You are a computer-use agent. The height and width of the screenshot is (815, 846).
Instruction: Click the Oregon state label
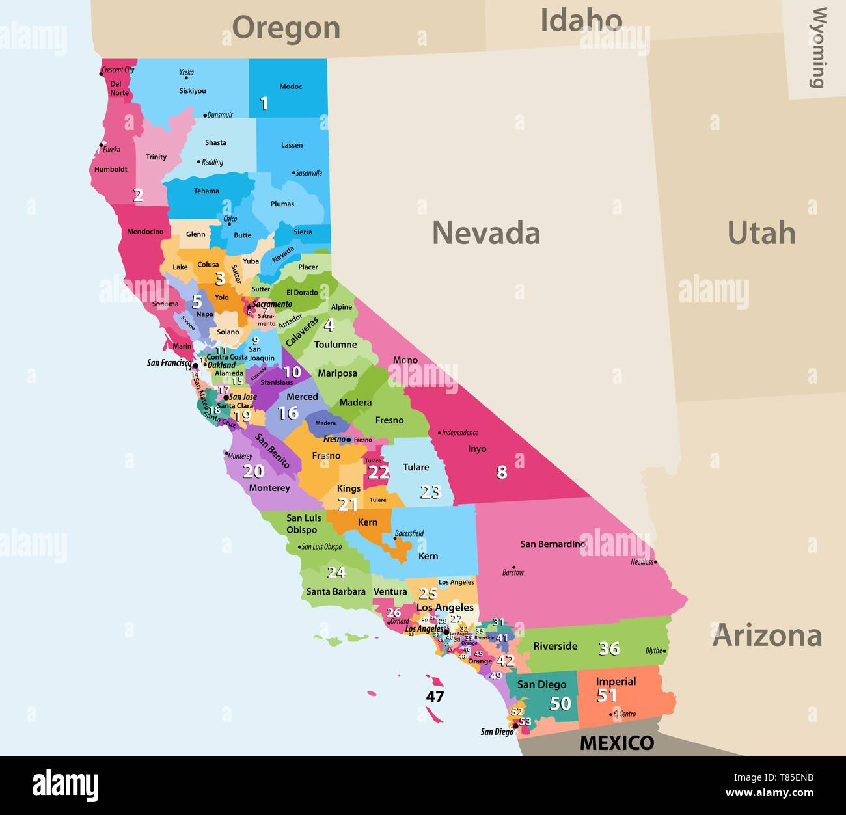pos(286,28)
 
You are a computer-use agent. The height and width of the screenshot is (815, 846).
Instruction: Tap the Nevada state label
pos(486,233)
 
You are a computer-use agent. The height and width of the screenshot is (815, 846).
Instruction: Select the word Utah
pos(761,233)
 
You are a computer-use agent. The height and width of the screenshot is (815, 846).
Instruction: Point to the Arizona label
pos(767,635)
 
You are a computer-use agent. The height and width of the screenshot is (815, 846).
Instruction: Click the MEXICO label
pos(616,743)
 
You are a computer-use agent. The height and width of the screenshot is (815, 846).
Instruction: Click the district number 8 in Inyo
pos(501,472)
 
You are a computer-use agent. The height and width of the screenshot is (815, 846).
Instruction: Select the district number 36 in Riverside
pos(608,648)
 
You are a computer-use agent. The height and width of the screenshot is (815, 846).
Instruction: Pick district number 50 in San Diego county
pos(560,703)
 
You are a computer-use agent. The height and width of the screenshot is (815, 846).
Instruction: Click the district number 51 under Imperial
pos(607,695)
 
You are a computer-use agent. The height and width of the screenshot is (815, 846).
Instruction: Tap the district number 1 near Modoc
pos(264,103)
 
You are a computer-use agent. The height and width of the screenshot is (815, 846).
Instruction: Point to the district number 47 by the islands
pos(435,697)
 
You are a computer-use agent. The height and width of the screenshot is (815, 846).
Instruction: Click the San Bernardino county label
pos(552,544)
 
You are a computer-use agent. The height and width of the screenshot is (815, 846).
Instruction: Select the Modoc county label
pos(291,87)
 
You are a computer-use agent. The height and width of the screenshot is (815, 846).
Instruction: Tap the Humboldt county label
pos(111,169)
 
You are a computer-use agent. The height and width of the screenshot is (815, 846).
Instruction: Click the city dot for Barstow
pos(514,567)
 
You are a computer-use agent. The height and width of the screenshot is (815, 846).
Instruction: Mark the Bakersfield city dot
pos(395,539)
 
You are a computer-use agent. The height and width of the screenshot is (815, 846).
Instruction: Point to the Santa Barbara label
pos(336,591)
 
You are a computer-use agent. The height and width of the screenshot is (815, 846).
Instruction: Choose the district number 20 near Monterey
pos(253,472)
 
